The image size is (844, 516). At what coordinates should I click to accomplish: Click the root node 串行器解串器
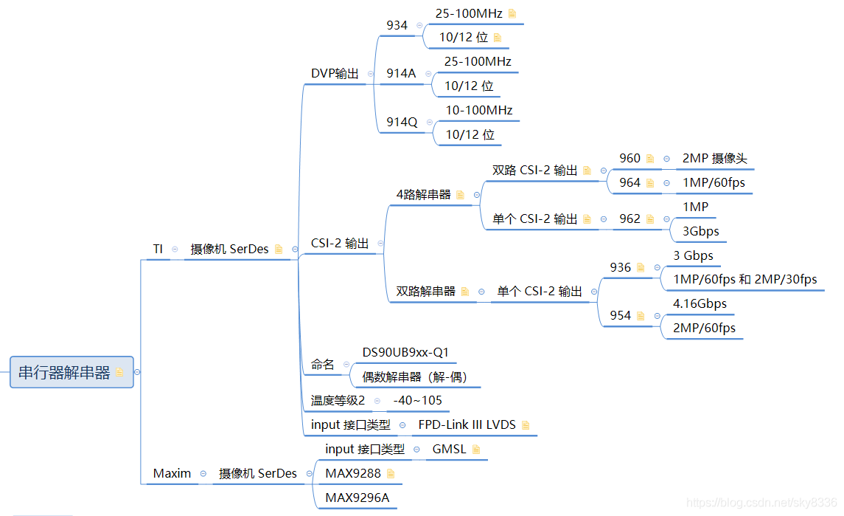[x=64, y=372]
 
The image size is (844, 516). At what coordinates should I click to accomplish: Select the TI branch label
[x=158, y=250]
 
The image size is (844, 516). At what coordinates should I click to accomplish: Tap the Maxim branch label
[x=172, y=473]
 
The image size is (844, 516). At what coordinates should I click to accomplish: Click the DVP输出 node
[x=335, y=73]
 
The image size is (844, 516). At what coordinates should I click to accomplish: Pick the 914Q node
[x=402, y=122]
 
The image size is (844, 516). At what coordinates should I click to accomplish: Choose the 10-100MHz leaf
[x=478, y=110]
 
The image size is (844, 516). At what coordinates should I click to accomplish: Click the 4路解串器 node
[x=423, y=195]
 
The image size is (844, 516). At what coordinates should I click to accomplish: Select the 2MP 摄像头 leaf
[x=714, y=158]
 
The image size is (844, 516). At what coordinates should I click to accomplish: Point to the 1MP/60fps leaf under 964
[x=714, y=182]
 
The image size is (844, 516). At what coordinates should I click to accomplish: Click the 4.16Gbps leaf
[x=700, y=303]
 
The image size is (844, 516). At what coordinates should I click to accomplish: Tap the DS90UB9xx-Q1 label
[x=405, y=352]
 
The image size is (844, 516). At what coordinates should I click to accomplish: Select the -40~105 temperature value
[x=417, y=400]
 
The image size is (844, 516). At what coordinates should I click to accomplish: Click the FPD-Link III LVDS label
[x=467, y=424]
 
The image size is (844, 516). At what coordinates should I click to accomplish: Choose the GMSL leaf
[x=449, y=449]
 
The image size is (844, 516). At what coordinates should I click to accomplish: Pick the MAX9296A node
[x=357, y=498]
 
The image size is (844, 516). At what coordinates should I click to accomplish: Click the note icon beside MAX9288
[x=391, y=473]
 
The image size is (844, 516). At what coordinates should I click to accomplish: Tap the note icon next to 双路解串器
[x=465, y=292]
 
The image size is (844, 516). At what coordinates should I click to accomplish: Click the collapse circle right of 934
[x=419, y=25]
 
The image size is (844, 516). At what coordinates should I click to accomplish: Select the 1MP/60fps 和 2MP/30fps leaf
[x=744, y=279]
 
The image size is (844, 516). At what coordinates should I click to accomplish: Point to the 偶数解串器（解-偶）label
[x=414, y=376]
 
